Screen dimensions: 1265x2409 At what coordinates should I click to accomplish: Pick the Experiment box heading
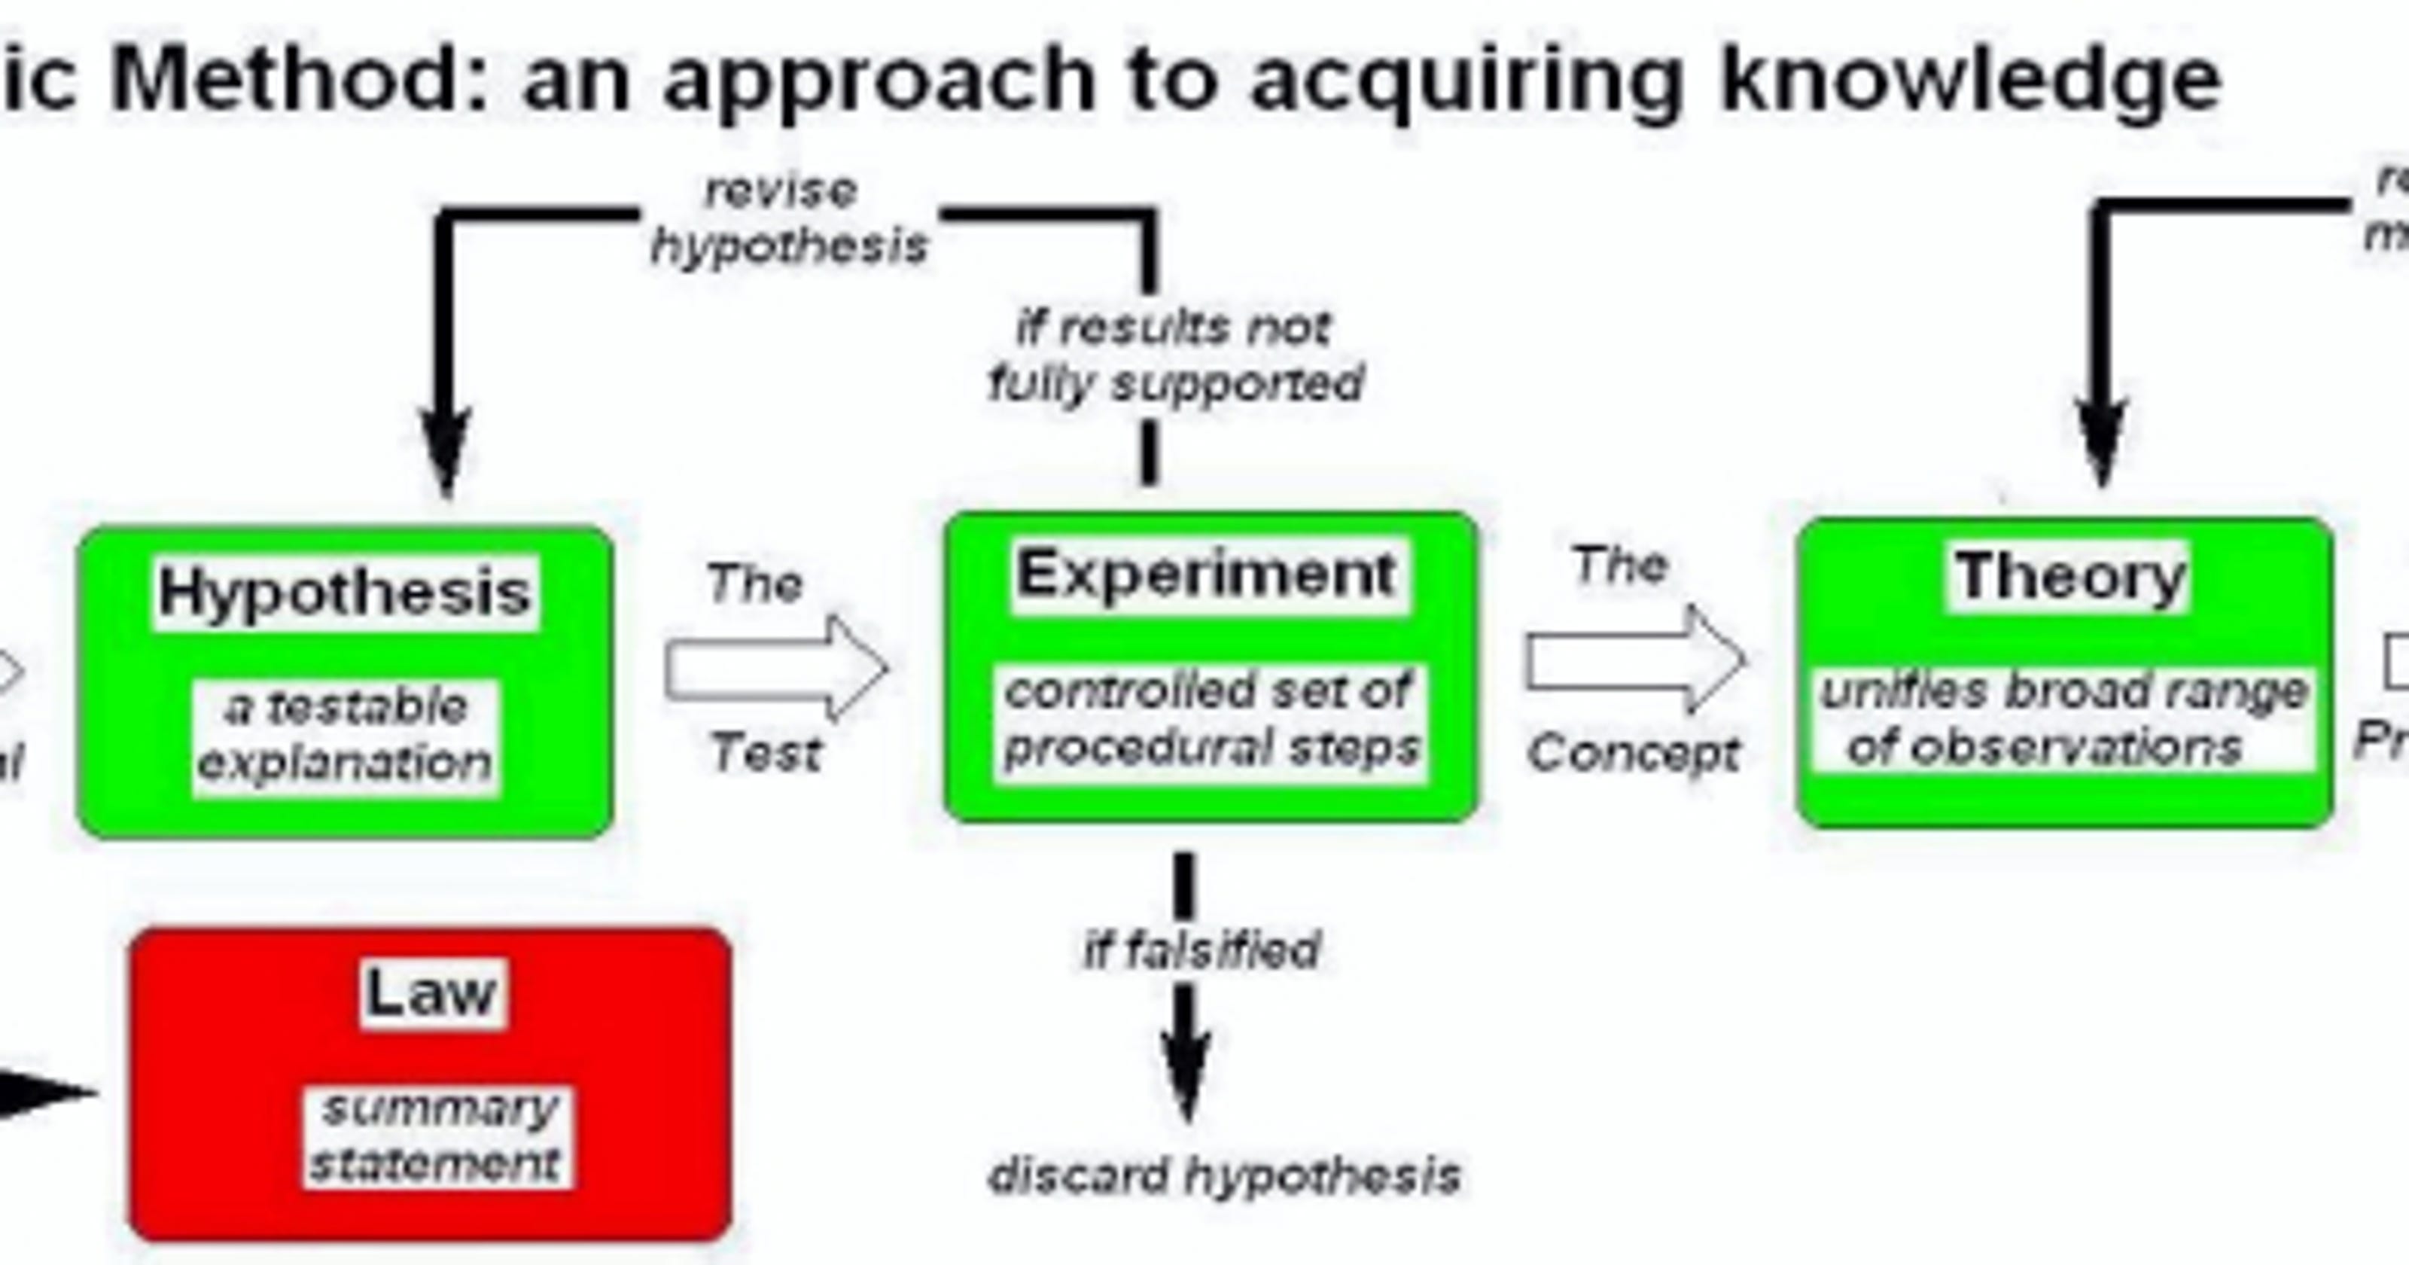(1208, 574)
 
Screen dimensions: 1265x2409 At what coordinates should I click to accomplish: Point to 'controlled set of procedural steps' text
(1210, 720)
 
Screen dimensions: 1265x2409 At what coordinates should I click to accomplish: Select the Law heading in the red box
(431, 992)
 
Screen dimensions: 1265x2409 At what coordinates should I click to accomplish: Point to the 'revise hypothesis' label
(787, 219)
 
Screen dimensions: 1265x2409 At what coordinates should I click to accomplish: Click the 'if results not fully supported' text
(1174, 356)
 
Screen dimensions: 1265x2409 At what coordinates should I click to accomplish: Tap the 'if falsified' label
(1201, 950)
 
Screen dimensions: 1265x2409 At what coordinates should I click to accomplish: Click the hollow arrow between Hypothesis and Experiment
(776, 668)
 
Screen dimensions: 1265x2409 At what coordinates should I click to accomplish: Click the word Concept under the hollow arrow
(1634, 752)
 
